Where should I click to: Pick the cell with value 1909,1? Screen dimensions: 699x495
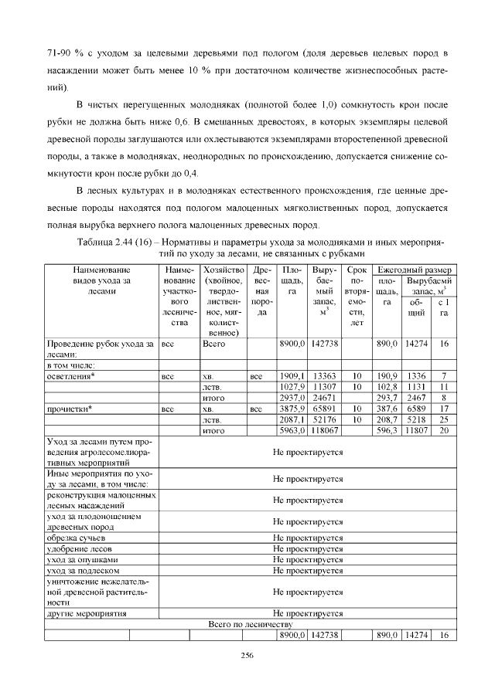[x=292, y=375]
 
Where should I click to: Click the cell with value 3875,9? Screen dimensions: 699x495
[x=292, y=408]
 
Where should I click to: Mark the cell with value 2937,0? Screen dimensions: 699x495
[x=292, y=397]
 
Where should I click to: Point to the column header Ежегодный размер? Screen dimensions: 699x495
[x=413, y=270]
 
